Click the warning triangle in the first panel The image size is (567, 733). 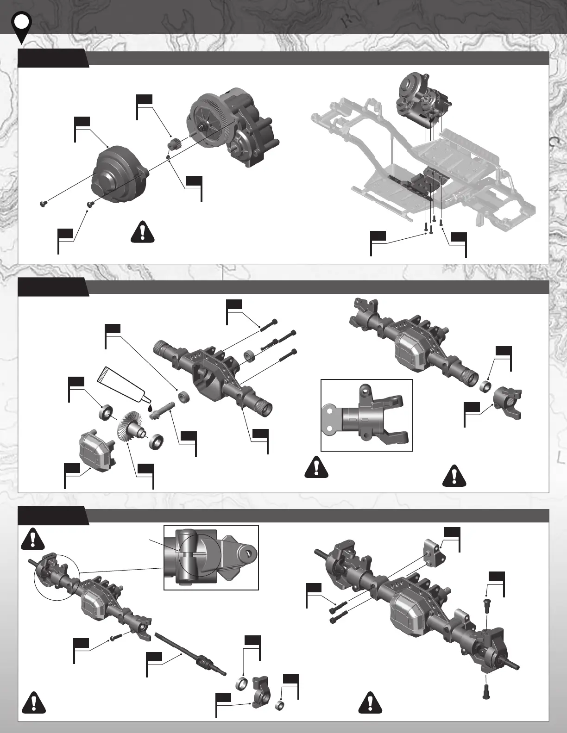point(143,232)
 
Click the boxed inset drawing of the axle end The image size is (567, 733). point(366,415)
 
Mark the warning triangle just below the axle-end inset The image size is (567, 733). point(316,467)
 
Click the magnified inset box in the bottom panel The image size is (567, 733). point(211,557)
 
